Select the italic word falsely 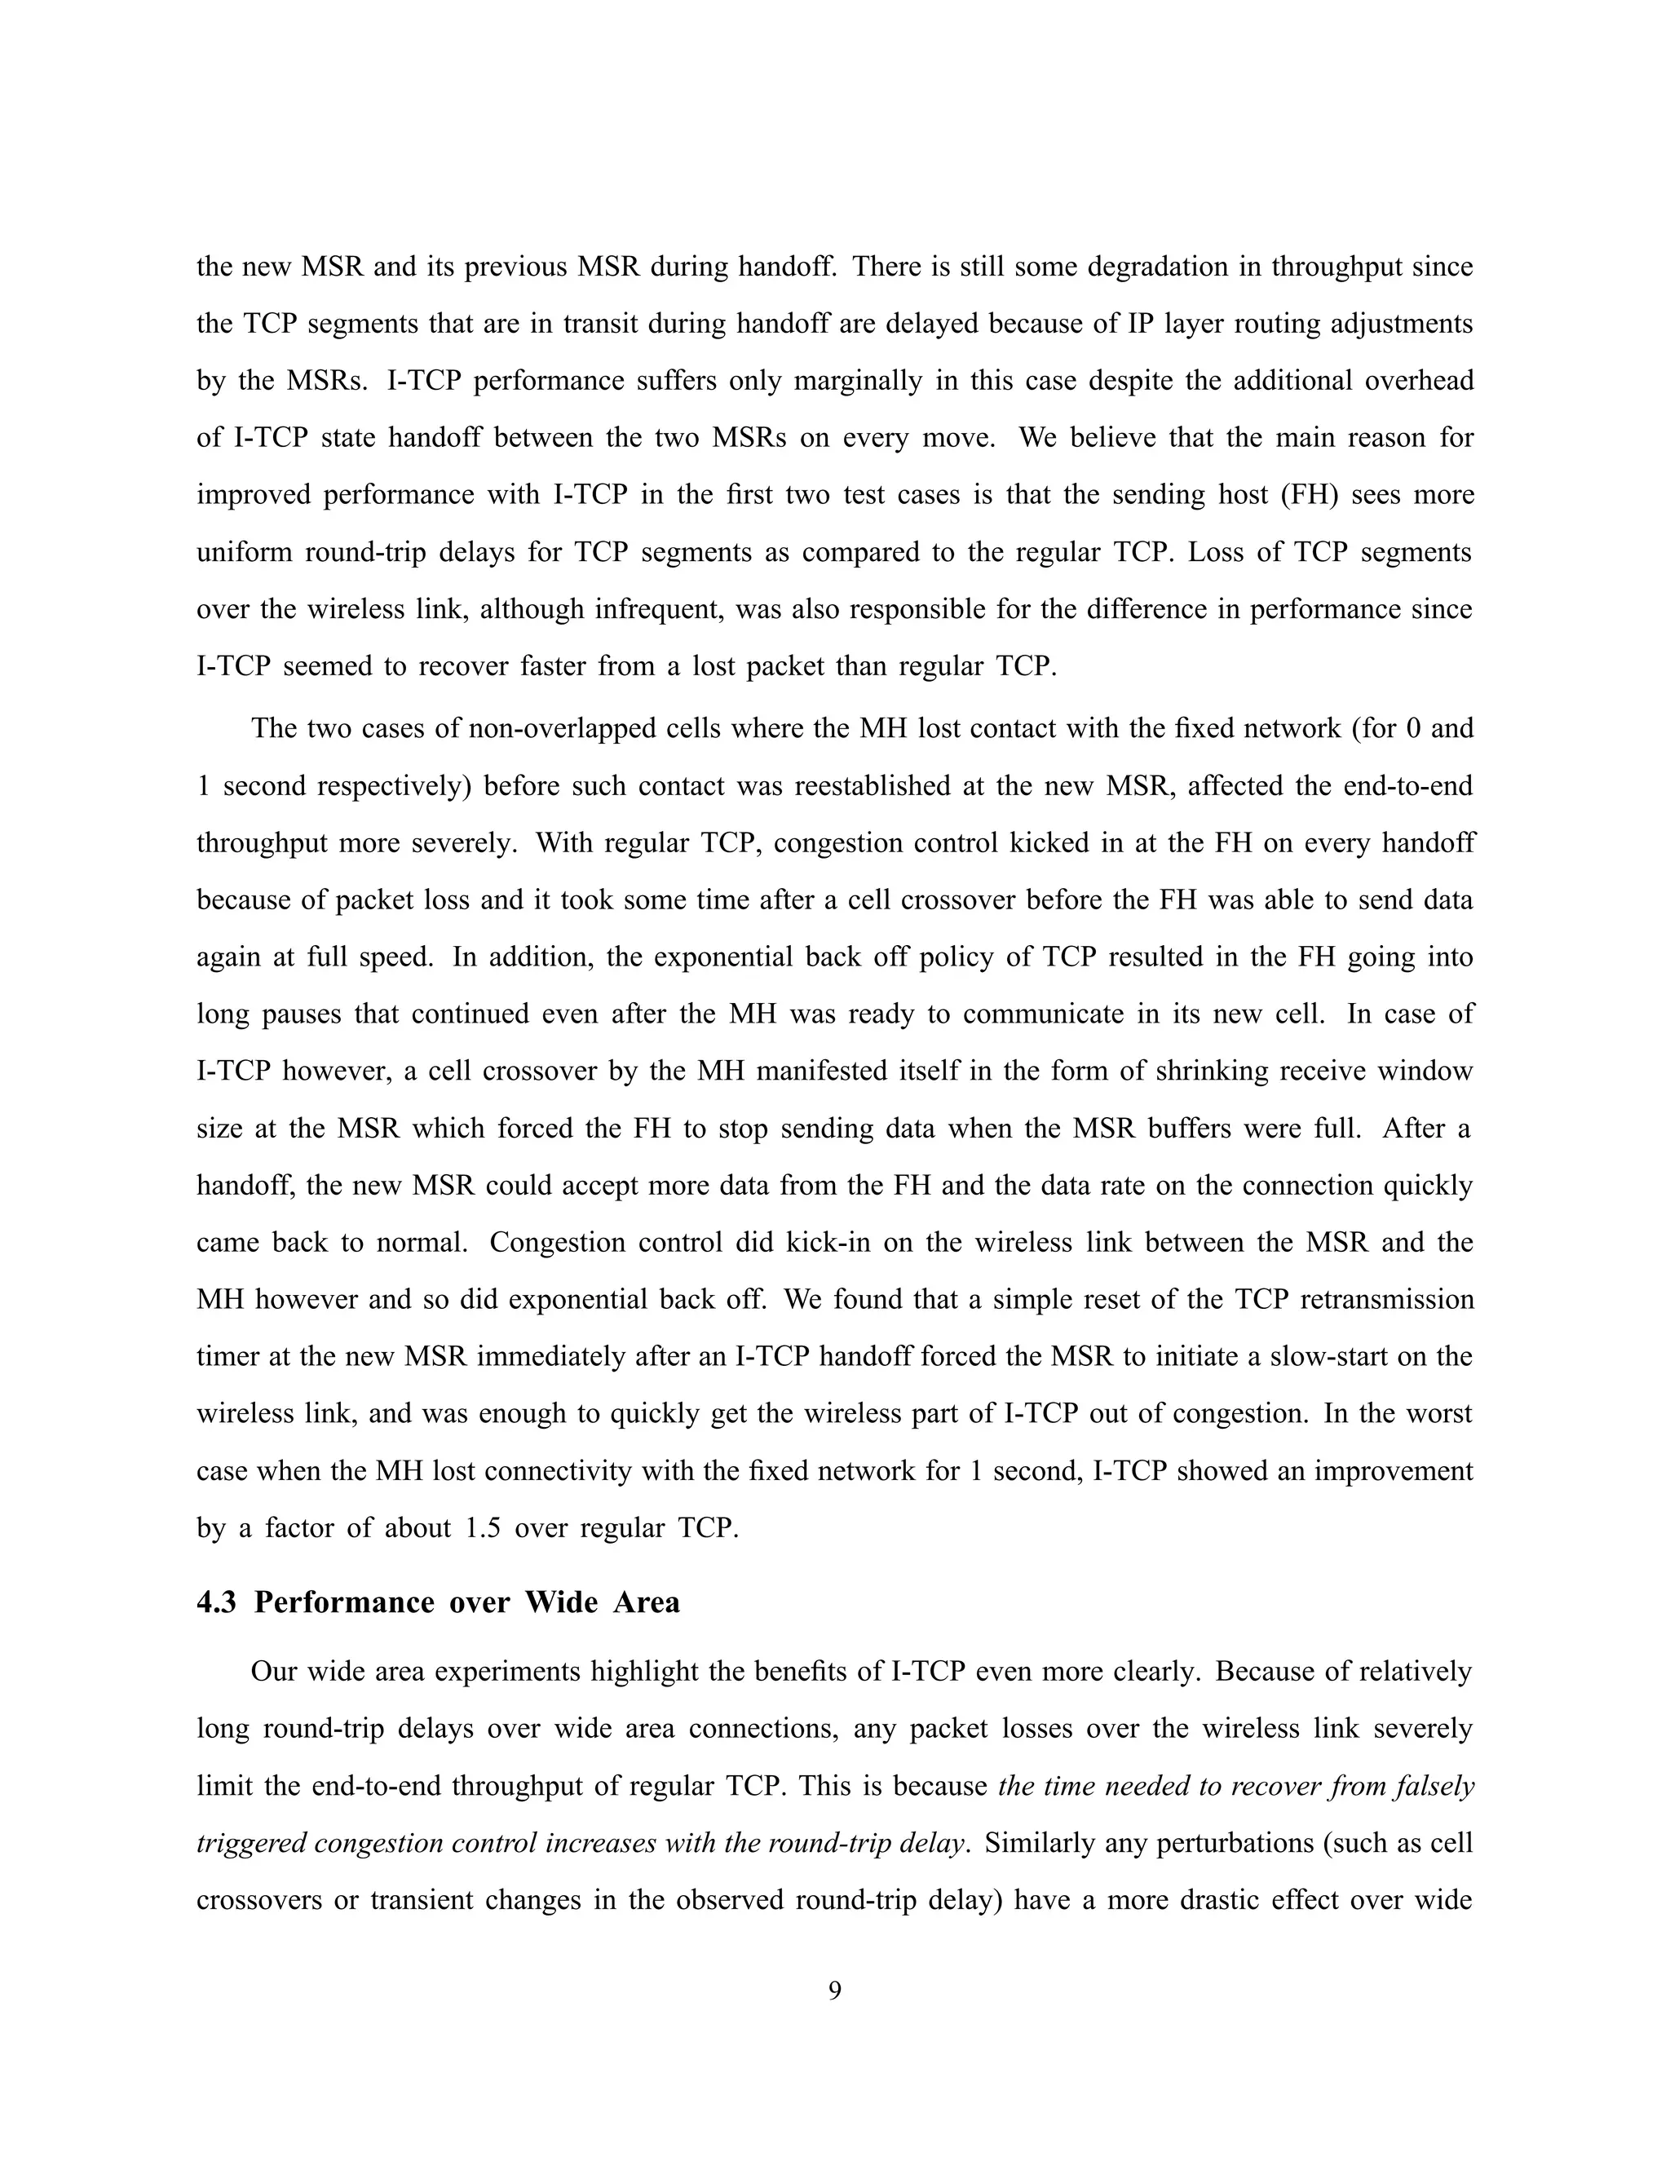[1433, 1787]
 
